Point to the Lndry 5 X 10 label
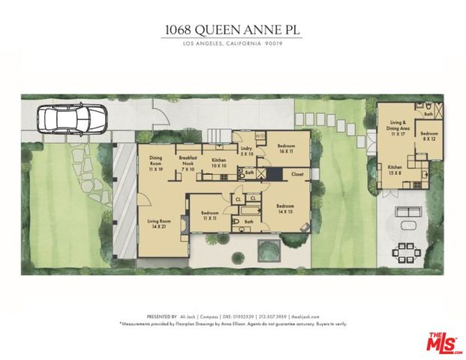click(x=245, y=152)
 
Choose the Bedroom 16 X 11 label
click(x=287, y=148)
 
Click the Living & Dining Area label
click(x=404, y=124)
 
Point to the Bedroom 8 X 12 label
click(x=429, y=136)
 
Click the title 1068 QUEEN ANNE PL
click(x=233, y=30)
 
